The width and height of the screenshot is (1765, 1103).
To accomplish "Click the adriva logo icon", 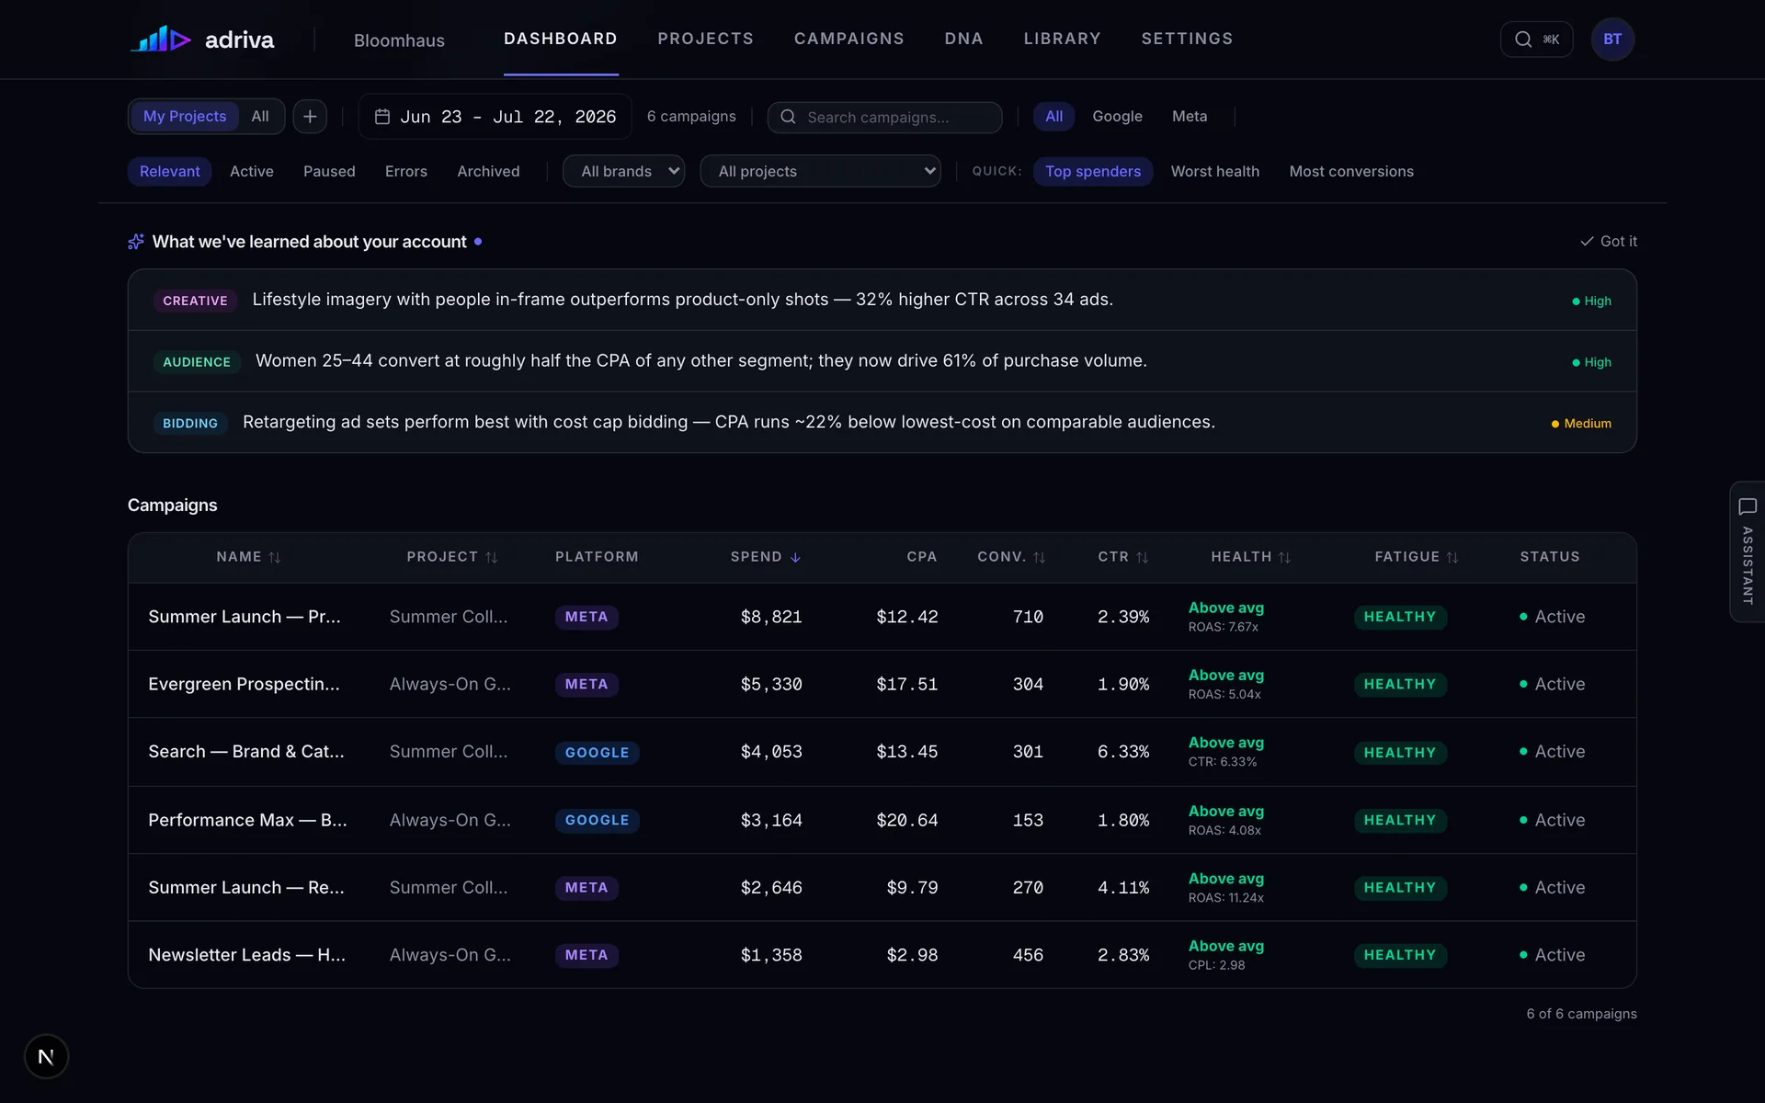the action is coord(161,39).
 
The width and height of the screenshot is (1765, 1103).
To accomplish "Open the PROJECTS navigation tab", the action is coord(705,39).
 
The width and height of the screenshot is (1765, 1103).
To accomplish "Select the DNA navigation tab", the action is coord(963,39).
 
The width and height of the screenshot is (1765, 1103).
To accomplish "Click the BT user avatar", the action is coord(1612,40).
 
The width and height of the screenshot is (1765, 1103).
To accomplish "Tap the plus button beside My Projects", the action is coord(310,117).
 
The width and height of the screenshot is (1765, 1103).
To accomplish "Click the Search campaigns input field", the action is coord(884,117).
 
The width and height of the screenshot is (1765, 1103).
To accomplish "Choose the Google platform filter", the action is coord(1117,117).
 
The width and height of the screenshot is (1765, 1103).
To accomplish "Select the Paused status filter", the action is coord(329,172).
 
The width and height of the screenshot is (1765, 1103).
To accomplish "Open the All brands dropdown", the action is coord(624,171).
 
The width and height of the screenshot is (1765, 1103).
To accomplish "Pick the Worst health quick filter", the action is coord(1214,172).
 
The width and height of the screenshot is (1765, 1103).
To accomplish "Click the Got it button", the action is coord(1609,241).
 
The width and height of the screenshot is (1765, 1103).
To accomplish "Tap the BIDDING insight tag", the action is coord(190,423).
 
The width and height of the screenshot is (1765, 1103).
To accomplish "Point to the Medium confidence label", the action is coord(1581,424).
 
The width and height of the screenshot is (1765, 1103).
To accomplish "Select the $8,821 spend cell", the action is coord(771,617).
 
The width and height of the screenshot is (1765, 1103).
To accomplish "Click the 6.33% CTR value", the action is coord(1123,752).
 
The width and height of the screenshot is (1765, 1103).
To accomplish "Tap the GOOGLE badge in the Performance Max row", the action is coord(597,820).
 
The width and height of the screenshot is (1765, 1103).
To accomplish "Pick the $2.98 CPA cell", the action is coord(912,955).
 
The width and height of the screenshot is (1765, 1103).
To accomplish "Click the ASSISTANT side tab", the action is coord(1747,551).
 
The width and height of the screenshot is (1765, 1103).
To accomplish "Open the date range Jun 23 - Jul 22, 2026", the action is coord(495,117).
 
